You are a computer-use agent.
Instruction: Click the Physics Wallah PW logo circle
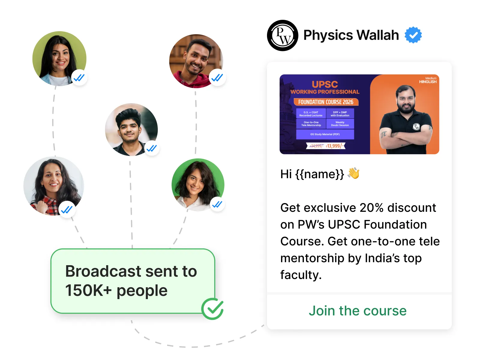point(282,35)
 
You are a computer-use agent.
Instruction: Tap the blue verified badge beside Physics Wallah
point(413,35)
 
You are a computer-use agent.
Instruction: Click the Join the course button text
point(358,311)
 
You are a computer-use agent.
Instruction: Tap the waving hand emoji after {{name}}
point(354,173)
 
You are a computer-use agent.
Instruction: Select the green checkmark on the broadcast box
point(212,309)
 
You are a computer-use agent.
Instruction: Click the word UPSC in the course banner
point(325,84)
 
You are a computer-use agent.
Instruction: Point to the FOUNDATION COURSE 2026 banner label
point(325,102)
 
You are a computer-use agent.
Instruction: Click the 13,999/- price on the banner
point(334,146)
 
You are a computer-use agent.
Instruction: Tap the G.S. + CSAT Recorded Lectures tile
point(311,114)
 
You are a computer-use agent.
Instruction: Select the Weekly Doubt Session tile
point(340,124)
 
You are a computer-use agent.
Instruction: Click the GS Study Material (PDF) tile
point(325,134)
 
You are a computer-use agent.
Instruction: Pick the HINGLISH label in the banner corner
point(427,82)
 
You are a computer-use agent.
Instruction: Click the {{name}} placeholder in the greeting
point(319,174)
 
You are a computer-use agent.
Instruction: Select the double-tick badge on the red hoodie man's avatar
point(217,78)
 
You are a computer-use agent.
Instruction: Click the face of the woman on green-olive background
point(59,57)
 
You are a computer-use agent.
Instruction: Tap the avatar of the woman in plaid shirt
point(53,186)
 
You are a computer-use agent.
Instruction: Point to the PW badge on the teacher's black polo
point(416,127)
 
